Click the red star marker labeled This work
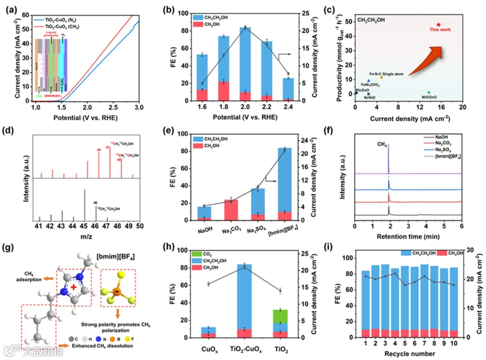click(438, 24)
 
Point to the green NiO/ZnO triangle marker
click(428, 93)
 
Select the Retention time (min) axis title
click(408, 236)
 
